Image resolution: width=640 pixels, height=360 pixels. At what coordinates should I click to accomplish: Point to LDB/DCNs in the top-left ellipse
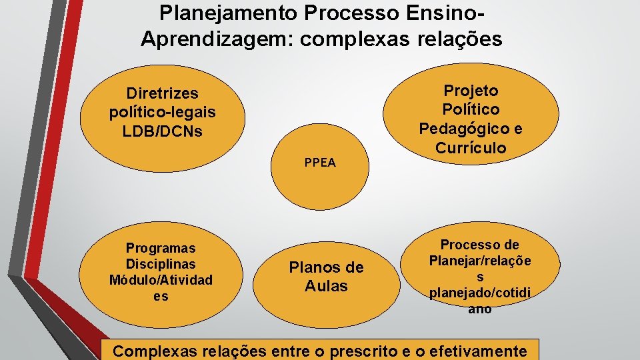(x=162, y=131)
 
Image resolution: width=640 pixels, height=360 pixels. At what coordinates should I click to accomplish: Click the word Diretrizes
(x=163, y=94)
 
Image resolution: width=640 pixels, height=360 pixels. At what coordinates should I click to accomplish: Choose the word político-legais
(x=163, y=112)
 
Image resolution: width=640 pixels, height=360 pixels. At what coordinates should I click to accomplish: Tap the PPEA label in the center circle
(x=320, y=163)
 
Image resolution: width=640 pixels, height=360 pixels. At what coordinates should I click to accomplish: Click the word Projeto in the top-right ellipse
(x=471, y=90)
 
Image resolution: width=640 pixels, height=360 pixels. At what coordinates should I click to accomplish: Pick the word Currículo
(x=471, y=147)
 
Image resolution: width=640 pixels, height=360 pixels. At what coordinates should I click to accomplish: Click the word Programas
(x=161, y=248)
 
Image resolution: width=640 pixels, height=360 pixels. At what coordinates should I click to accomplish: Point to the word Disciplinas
(x=161, y=264)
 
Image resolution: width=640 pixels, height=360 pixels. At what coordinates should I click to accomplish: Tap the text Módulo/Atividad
(x=161, y=280)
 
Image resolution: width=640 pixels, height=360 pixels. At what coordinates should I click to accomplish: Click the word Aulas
(x=326, y=286)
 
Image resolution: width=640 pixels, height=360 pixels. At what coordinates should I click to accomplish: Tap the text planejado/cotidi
(x=480, y=293)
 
